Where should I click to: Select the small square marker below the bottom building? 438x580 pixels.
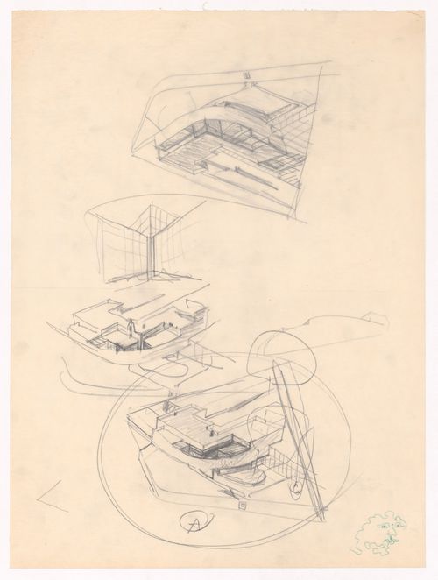[x=241, y=506]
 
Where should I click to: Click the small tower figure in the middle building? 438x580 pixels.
[x=131, y=329]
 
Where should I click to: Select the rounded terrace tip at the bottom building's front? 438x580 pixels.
[x=253, y=481]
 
